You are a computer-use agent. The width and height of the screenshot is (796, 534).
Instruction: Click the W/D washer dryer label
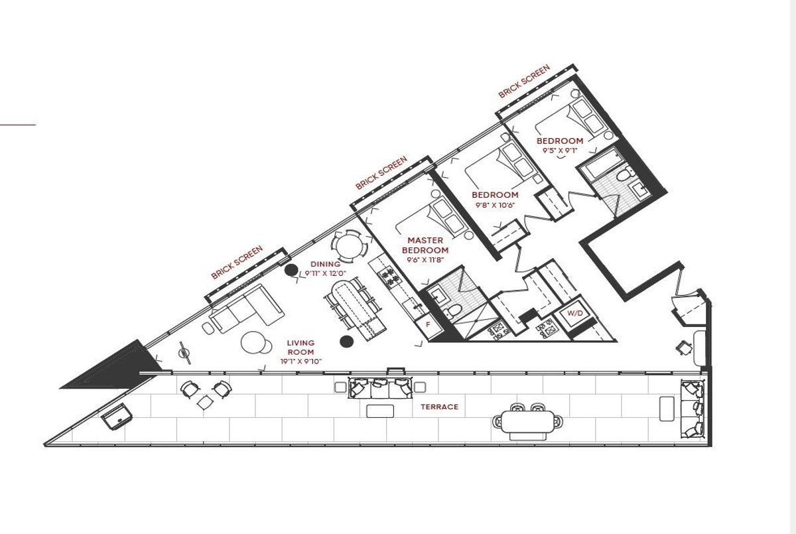pos(575,313)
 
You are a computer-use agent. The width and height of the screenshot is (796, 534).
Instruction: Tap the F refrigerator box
pos(429,325)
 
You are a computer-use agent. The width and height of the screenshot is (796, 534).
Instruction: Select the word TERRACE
pos(440,407)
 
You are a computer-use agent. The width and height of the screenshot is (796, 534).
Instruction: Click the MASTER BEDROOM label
pos(425,245)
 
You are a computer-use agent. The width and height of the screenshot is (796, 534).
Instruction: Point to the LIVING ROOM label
pos(300,348)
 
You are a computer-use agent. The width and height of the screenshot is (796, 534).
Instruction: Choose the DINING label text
pos(325,264)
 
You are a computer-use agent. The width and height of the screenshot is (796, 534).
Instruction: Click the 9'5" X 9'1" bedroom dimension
pos(560,151)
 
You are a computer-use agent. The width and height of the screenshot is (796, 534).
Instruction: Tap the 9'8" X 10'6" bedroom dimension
pos(495,205)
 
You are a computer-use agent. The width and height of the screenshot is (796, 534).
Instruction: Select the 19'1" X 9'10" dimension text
pos(300,362)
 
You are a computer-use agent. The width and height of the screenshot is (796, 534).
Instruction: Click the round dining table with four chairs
pos(349,247)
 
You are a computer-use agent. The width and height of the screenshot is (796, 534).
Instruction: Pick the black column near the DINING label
pos(291,271)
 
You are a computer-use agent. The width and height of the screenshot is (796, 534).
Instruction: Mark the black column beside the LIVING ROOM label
pos(346,342)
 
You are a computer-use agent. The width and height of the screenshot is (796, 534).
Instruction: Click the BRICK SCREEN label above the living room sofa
pos(237,262)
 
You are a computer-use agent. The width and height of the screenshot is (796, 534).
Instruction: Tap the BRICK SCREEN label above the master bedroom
pos(381,173)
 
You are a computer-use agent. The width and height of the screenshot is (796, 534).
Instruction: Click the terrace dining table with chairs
pos(528,422)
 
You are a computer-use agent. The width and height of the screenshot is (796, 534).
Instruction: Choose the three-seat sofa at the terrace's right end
pos(692,409)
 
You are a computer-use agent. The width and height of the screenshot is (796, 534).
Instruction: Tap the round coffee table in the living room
pos(253,342)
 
